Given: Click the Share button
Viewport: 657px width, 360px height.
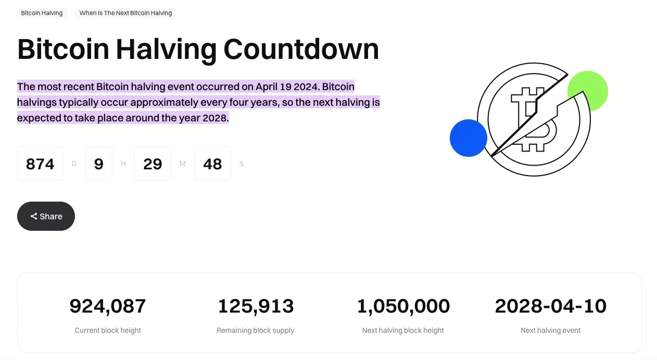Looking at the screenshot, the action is pyautogui.click(x=46, y=216).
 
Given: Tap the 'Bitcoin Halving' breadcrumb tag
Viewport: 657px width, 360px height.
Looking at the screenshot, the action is pyautogui.click(x=42, y=13).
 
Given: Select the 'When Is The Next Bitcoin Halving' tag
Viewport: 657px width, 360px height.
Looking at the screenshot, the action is pyautogui.click(x=125, y=13).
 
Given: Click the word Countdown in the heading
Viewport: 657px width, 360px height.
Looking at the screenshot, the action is pyautogui.click(x=301, y=49).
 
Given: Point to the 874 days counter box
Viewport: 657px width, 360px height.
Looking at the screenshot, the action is pyautogui.click(x=40, y=164).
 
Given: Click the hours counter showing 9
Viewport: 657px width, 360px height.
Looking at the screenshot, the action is pyautogui.click(x=99, y=164).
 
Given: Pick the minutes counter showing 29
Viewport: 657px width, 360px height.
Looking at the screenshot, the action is pyautogui.click(x=153, y=164).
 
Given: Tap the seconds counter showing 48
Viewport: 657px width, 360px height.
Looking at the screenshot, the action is pyautogui.click(x=212, y=164).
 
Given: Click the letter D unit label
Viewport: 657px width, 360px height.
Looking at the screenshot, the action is pyautogui.click(x=74, y=164).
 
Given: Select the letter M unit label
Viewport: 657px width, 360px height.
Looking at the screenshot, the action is pyautogui.click(x=182, y=164).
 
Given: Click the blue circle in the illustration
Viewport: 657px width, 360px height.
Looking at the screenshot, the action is pyautogui.click(x=469, y=138).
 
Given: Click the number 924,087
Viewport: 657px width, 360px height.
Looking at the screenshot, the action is pyautogui.click(x=108, y=306).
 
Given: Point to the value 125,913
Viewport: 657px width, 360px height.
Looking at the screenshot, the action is pyautogui.click(x=256, y=306).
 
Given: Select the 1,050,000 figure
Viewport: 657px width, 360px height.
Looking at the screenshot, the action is pyautogui.click(x=403, y=306).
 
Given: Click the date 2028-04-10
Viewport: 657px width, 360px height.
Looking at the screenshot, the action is pyautogui.click(x=550, y=306).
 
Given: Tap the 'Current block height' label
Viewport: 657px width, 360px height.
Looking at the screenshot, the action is pyautogui.click(x=108, y=330).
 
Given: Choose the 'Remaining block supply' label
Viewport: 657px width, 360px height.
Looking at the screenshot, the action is pyautogui.click(x=256, y=330).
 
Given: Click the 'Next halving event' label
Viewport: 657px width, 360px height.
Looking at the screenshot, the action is pyautogui.click(x=550, y=330).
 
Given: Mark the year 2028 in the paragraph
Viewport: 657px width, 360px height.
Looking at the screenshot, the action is pyautogui.click(x=216, y=118).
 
